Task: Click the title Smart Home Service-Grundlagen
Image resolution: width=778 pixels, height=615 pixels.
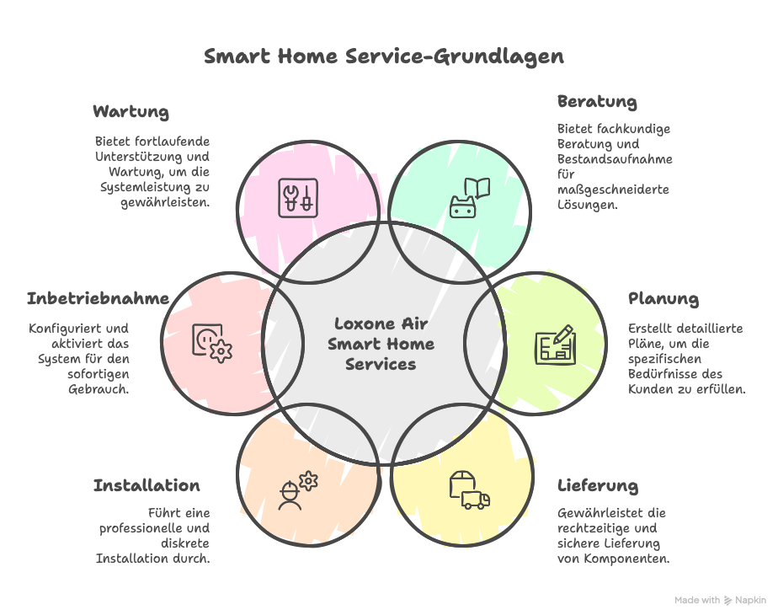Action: click(384, 57)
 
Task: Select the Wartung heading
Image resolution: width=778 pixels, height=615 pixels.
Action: click(131, 112)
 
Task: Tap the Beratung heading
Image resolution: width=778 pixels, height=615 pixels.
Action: click(597, 102)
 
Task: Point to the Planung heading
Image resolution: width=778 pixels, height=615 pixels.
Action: click(663, 299)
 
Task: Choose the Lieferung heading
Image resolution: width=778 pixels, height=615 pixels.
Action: click(597, 486)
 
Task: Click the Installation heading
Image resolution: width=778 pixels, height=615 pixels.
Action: click(147, 486)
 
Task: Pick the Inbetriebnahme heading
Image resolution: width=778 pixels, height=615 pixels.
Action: click(98, 299)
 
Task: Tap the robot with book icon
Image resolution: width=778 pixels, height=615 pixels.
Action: click(469, 197)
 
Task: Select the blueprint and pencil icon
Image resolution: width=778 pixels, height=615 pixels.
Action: click(555, 344)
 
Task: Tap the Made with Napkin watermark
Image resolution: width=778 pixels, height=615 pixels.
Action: click(721, 601)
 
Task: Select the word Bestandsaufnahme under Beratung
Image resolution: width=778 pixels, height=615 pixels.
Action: click(615, 159)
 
